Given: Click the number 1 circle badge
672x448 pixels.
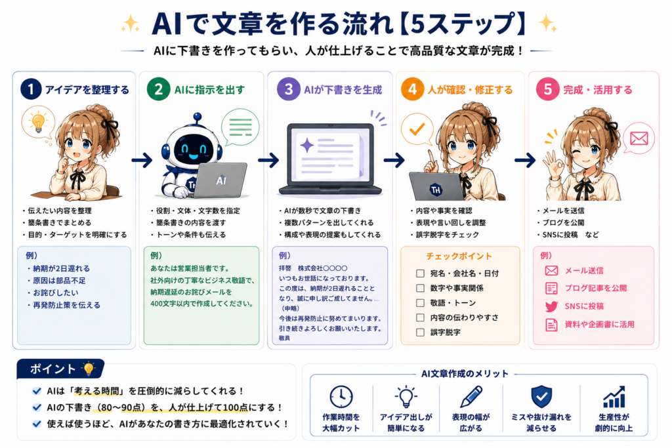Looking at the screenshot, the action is click(31, 89).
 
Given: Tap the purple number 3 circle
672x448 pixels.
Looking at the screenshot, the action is click(289, 89).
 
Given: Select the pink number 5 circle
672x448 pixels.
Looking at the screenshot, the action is click(548, 89).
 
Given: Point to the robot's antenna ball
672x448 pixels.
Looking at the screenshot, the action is click(197, 116).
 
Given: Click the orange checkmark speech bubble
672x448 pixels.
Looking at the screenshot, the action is click(417, 129).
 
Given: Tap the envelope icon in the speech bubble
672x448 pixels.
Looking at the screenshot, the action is click(639, 138).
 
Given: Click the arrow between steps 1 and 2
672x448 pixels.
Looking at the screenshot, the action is click(142, 160).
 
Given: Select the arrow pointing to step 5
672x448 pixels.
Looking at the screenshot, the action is click(525, 160).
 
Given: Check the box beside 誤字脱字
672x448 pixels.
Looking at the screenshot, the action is click(420, 333).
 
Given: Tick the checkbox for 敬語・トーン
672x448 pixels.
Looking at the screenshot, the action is click(420, 303).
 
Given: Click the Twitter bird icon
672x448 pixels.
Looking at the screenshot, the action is click(551, 306).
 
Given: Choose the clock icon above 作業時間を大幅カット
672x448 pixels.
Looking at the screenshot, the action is click(341, 397).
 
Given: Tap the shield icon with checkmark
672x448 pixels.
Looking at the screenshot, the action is click(541, 396).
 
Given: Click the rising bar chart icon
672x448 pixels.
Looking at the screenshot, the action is click(614, 397).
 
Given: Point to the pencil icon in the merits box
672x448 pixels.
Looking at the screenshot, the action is click(471, 396).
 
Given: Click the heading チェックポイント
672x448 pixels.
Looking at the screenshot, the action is click(459, 256).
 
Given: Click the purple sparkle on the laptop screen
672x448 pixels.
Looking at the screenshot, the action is click(307, 145).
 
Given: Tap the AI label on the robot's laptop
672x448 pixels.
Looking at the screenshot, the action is click(221, 180).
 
